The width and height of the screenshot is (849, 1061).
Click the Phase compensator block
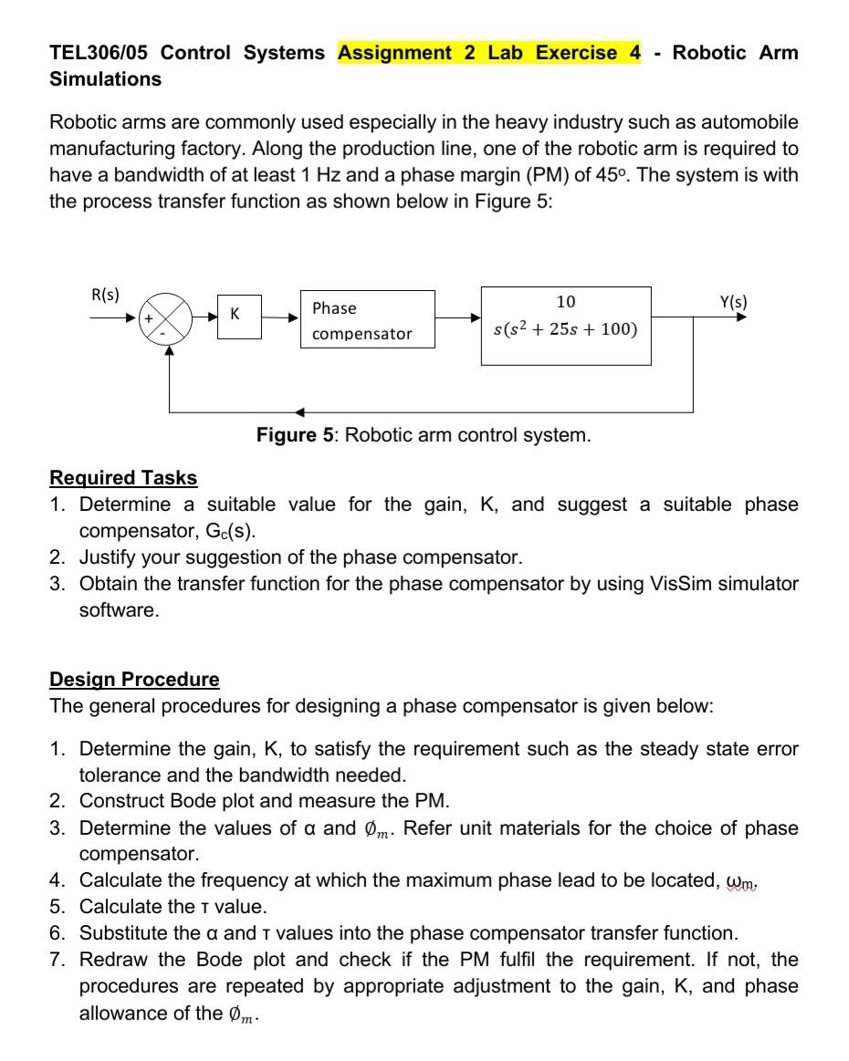click(x=367, y=319)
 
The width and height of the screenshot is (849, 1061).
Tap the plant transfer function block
click(x=566, y=326)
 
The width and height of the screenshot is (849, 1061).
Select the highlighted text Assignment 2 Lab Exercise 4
click(x=489, y=53)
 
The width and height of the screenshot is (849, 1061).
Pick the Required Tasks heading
click(x=123, y=478)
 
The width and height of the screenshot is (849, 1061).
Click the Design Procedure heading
click(x=134, y=680)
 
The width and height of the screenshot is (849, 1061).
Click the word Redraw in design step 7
click(x=111, y=960)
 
